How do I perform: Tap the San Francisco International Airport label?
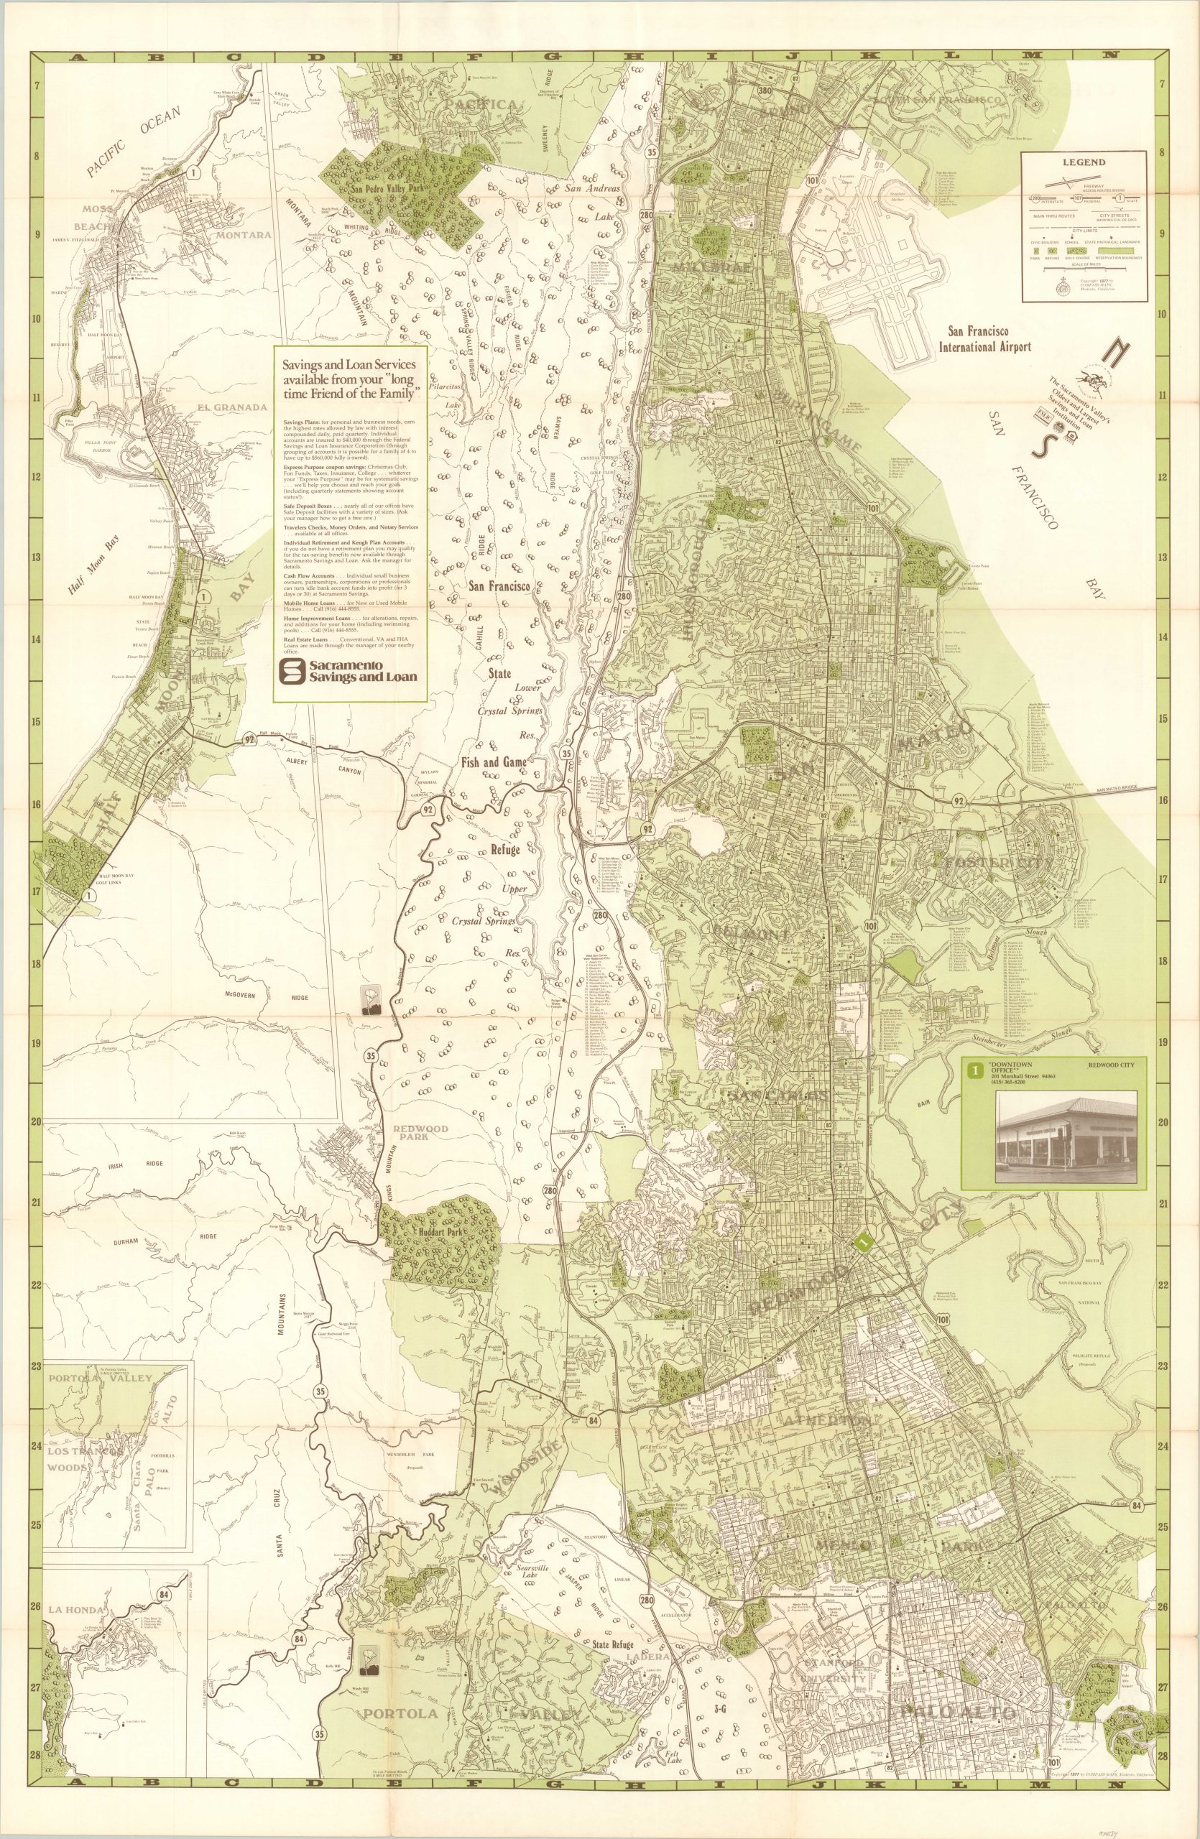coord(984,338)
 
